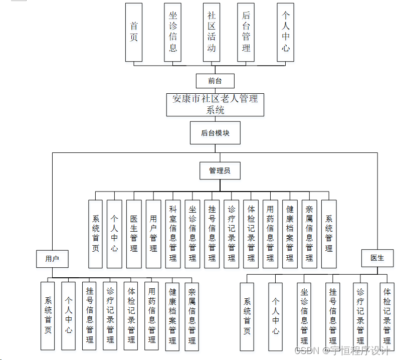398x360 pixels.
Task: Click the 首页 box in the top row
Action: (134, 32)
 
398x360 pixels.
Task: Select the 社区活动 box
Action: (212, 32)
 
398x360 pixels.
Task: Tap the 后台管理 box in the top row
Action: (246, 32)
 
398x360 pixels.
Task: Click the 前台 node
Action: (215, 80)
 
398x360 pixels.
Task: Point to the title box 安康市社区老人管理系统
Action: (215, 104)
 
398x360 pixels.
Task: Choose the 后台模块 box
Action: (215, 133)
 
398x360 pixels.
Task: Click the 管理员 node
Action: (220, 170)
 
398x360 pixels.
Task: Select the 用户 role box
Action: (52, 259)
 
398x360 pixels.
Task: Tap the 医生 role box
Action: (377, 258)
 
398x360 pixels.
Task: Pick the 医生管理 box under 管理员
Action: (134, 233)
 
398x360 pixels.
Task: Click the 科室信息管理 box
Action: (173, 233)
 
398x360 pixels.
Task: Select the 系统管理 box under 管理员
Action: (329, 233)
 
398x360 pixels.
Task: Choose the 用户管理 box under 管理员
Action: (153, 233)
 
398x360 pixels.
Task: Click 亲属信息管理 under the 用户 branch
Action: (191, 315)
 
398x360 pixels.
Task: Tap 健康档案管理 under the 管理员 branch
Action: (290, 233)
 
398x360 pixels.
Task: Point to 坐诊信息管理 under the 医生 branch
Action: (304, 316)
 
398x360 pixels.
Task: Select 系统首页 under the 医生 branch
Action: (247, 316)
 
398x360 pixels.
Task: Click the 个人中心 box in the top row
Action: (285, 32)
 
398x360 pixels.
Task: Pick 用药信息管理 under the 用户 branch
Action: (152, 315)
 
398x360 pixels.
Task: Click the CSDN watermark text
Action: (307, 350)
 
